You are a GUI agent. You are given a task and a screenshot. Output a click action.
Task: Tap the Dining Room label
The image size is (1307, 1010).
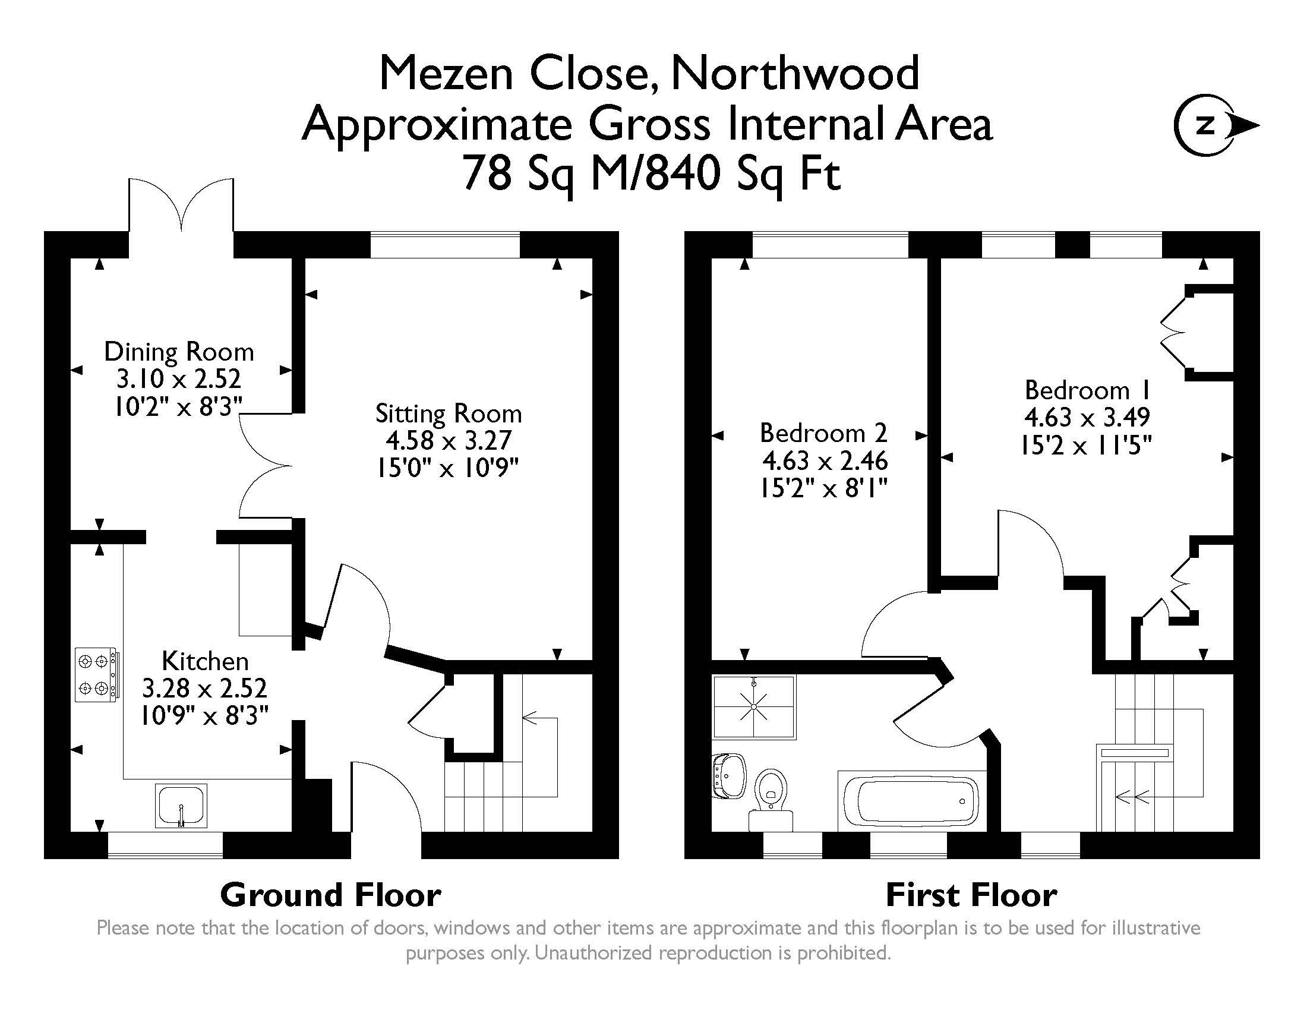(x=179, y=352)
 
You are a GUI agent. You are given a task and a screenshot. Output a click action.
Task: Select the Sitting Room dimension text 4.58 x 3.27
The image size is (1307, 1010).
(x=448, y=440)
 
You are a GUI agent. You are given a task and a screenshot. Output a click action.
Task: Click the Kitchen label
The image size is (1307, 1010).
(x=205, y=661)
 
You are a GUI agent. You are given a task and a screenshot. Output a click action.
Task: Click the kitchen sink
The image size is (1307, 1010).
(x=181, y=806)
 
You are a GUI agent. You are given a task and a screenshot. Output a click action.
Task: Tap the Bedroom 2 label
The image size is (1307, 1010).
(x=823, y=433)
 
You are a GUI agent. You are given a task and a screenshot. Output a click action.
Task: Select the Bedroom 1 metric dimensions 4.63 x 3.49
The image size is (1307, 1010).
(x=1087, y=417)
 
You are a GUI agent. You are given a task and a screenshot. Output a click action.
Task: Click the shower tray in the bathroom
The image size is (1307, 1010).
(x=754, y=706)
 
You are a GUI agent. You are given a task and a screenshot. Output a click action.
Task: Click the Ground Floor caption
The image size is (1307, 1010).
(x=331, y=896)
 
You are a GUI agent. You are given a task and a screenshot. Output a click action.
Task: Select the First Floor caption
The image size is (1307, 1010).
(x=971, y=896)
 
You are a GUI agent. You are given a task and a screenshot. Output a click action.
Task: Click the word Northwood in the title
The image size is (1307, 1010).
(x=795, y=73)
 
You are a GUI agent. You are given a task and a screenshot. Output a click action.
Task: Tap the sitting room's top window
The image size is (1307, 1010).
(x=445, y=245)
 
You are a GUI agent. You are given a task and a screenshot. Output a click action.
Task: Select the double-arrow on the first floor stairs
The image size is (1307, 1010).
(x=1132, y=797)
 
